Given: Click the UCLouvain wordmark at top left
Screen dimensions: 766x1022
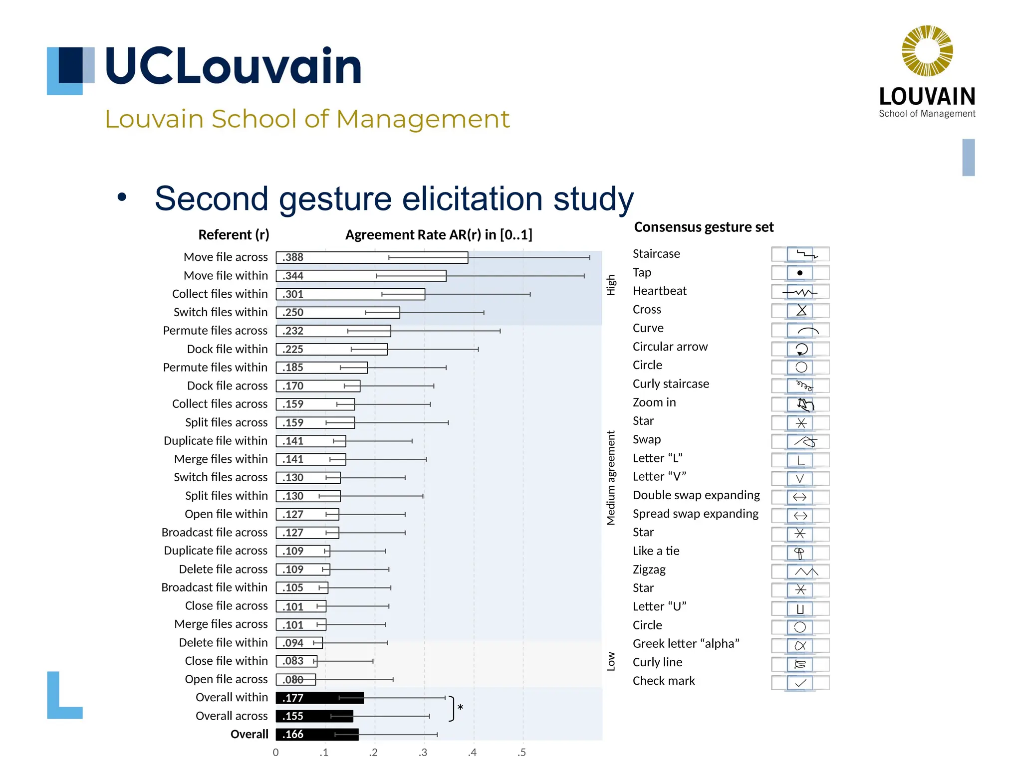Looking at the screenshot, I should click(x=233, y=66).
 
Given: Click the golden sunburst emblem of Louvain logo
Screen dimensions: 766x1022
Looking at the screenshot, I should click(x=927, y=51).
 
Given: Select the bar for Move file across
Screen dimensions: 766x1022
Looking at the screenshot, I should click(x=371, y=257).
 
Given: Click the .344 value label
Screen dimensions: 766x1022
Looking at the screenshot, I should click(x=293, y=276).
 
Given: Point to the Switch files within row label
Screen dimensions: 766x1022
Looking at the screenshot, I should click(x=220, y=312).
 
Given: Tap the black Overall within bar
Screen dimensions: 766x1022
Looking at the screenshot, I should click(x=319, y=698).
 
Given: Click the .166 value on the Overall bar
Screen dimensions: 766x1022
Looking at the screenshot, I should click(x=293, y=734).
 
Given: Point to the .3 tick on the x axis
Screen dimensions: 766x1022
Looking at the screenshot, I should click(x=423, y=753).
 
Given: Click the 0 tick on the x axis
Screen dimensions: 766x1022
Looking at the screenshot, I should click(x=275, y=753).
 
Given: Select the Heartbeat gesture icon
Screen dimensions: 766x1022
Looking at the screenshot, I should click(x=799, y=292).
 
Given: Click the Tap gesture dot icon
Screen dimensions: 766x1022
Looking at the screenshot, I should click(x=799, y=273).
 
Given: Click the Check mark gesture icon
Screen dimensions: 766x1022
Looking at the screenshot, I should click(x=800, y=683).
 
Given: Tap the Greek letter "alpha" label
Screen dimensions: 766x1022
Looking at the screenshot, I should click(x=686, y=644).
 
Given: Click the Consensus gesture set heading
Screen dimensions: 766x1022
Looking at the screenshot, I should click(x=703, y=227).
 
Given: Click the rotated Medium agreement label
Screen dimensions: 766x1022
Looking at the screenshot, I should click(x=611, y=478).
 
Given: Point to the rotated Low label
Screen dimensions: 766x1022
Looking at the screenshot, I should click(x=611, y=662).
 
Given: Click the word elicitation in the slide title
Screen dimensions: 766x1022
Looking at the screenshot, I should click(x=473, y=198).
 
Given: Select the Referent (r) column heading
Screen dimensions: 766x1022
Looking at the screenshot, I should click(x=234, y=235).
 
